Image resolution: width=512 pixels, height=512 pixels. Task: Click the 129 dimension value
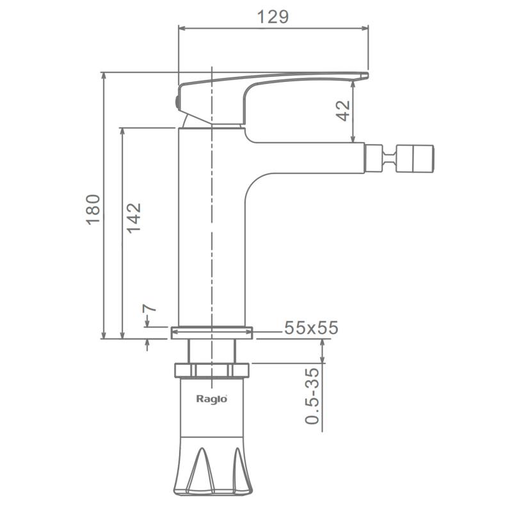click(273, 17)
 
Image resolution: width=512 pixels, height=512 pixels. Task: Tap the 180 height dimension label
click(93, 209)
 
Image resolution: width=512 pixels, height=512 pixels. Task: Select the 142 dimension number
click(134, 218)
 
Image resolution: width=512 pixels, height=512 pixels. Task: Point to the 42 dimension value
click(343, 111)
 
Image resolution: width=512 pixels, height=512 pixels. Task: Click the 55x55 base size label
click(311, 328)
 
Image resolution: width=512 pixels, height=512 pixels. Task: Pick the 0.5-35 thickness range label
click(312, 396)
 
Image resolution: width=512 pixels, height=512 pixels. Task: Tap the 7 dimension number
click(149, 308)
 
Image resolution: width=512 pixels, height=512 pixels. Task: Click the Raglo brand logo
click(212, 399)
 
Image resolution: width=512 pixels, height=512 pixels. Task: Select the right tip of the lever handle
click(368, 76)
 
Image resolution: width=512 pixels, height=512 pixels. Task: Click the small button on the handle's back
click(177, 102)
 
